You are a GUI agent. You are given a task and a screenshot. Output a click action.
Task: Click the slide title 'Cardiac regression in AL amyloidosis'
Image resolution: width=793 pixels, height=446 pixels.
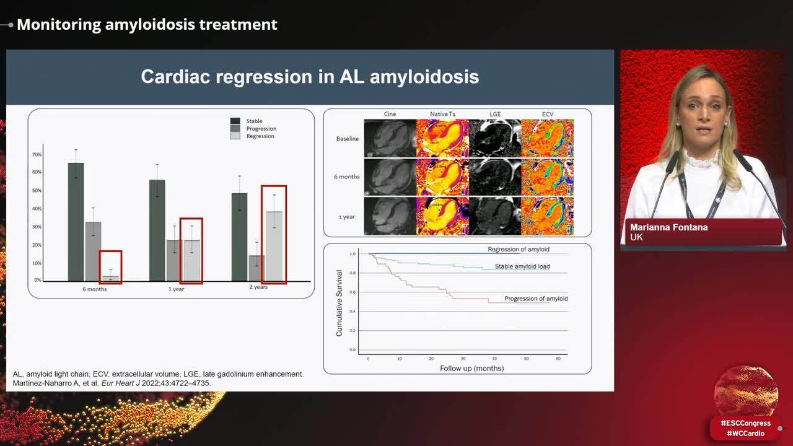click(310, 77)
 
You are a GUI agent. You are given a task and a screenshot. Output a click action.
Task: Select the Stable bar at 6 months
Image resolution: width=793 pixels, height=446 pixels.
click(76, 222)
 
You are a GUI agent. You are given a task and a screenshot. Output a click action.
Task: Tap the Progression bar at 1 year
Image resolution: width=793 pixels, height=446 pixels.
click(174, 260)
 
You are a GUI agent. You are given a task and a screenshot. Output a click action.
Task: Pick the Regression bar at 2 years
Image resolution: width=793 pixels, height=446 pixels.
click(274, 246)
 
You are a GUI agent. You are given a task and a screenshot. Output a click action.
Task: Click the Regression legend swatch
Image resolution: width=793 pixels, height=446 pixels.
click(235, 136)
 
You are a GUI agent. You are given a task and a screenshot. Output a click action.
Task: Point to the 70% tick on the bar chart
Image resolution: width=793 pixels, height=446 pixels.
click(38, 154)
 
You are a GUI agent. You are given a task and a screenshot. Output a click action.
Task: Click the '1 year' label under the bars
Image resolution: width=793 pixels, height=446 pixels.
click(176, 289)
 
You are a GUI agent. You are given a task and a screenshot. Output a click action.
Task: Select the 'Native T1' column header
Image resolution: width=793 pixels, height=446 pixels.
click(442, 115)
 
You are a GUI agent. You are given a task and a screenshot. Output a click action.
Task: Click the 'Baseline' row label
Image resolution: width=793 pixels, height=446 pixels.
click(347, 139)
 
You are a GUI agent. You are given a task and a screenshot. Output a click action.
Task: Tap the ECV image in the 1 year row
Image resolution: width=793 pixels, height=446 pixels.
click(547, 216)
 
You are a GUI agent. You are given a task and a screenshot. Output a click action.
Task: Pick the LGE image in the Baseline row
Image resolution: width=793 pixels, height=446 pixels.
click(494, 138)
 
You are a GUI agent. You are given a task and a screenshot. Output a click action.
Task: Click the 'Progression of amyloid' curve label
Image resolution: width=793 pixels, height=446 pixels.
click(536, 299)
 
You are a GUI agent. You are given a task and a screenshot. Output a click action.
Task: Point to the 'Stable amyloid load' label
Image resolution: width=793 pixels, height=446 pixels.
click(522, 267)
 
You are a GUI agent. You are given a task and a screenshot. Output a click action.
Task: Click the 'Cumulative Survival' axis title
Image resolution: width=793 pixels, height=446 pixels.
click(340, 303)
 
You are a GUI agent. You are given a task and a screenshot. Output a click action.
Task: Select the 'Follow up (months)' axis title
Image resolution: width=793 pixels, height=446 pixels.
click(471, 369)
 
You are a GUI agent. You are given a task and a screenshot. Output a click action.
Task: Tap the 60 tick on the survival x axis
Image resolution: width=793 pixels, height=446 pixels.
click(558, 359)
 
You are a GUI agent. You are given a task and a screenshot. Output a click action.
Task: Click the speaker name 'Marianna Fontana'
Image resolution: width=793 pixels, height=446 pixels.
click(668, 227)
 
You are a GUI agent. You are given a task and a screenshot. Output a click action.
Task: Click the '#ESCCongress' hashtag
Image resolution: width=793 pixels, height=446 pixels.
click(745, 423)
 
